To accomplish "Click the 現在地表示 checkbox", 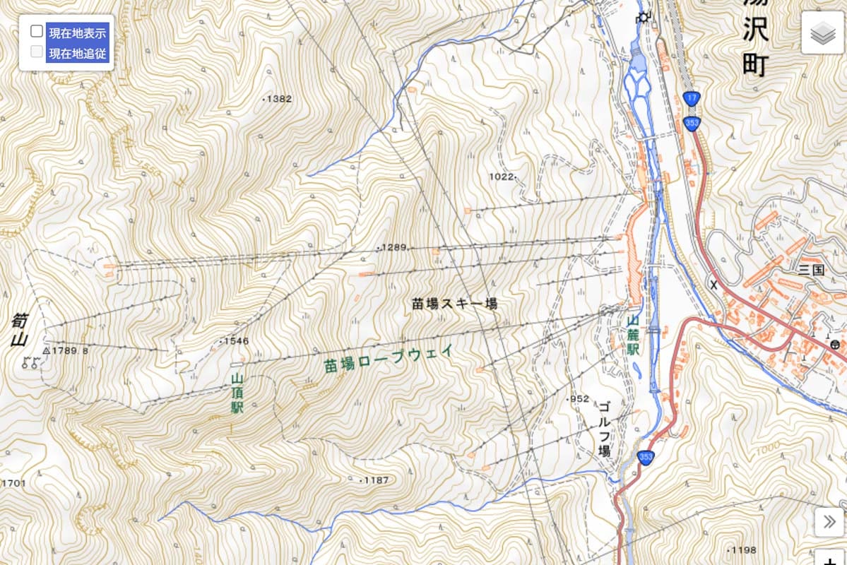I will [x=37, y=32].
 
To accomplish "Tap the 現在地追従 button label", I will [x=77, y=52].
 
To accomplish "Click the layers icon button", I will [x=822, y=33].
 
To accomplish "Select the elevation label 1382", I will [x=278, y=99].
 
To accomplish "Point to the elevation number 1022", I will [x=502, y=176].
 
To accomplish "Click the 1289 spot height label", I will [x=394, y=247].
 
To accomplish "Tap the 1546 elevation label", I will [x=236, y=341].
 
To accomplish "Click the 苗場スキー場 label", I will [x=455, y=304].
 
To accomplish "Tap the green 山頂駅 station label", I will [x=237, y=393].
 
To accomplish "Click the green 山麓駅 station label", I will [x=633, y=334].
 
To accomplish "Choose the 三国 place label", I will [x=811, y=269].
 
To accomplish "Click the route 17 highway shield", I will [x=691, y=97].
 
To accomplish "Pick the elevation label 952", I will [x=579, y=399].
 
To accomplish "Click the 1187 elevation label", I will [x=376, y=480].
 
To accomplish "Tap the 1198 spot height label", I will [x=743, y=550].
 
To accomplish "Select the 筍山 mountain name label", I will [x=19, y=331].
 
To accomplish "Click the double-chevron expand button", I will [x=829, y=522].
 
